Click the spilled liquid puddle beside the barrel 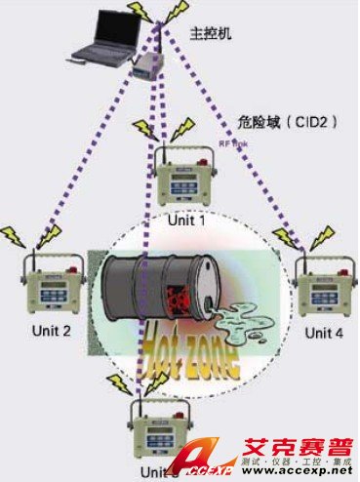click(x=235, y=317)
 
